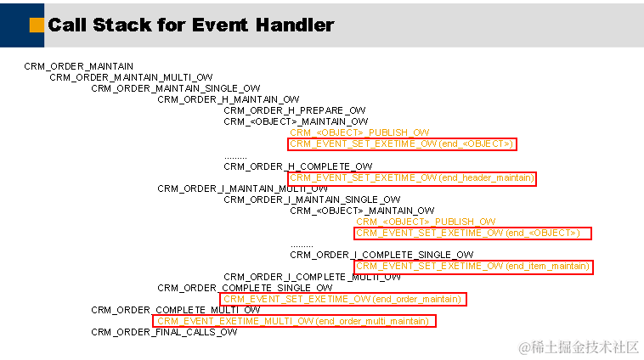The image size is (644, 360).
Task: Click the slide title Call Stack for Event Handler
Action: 191,25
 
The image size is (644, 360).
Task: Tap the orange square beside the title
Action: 37,25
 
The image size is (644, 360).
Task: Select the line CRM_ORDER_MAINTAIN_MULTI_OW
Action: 131,77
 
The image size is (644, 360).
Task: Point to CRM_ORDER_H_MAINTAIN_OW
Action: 229,99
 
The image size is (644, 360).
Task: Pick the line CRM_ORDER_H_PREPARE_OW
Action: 295,110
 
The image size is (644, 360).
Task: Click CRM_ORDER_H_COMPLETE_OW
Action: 298,166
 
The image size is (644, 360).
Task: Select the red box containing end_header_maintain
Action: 412,178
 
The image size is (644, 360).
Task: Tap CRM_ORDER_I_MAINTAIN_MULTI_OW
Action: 231,188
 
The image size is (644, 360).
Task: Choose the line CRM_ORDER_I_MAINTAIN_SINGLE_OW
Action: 300,200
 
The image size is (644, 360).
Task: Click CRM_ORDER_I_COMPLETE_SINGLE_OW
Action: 381,255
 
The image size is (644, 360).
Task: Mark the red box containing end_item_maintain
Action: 472,267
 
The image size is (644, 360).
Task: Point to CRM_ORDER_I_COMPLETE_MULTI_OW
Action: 312,277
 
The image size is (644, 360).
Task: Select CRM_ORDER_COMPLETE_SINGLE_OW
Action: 245,288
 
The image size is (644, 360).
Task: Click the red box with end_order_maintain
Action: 342,299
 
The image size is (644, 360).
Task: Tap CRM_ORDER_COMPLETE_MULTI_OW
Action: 176,310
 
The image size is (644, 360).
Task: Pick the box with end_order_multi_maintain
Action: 294,321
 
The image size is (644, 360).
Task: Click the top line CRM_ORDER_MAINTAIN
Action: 78,66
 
